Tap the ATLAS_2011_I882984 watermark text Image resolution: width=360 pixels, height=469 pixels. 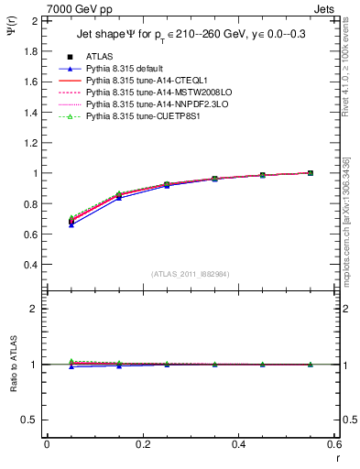click(190, 274)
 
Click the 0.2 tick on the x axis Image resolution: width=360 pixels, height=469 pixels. click(142, 444)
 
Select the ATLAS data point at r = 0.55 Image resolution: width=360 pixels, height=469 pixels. click(310, 172)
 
